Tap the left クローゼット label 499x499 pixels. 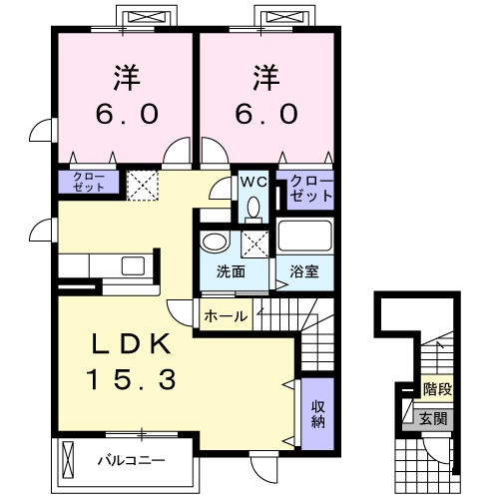(87, 182)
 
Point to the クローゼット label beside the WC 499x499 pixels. (310, 189)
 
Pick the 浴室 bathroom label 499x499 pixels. (304, 272)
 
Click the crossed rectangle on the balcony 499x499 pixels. (68, 461)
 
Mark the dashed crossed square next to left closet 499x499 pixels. (142, 184)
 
